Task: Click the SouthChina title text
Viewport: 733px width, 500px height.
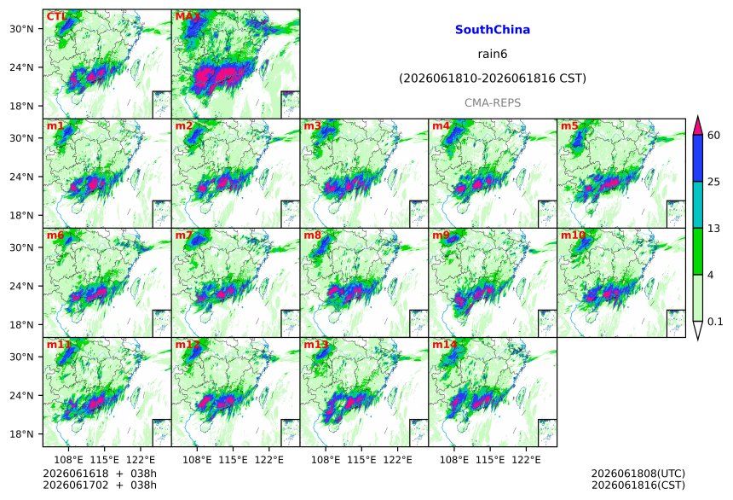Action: (x=493, y=30)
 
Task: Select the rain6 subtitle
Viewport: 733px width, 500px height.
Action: (x=493, y=54)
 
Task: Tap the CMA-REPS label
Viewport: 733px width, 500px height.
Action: (x=493, y=102)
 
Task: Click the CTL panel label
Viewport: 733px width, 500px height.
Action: (x=56, y=17)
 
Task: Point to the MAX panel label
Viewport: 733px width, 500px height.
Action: (x=188, y=17)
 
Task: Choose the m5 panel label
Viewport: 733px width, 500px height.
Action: (x=569, y=126)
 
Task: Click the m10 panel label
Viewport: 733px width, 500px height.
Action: (x=573, y=235)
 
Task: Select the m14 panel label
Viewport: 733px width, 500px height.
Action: (x=444, y=345)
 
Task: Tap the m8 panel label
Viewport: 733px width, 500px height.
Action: (x=312, y=235)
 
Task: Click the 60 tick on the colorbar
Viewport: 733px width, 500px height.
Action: (x=714, y=136)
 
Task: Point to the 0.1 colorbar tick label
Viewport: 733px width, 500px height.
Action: (x=715, y=322)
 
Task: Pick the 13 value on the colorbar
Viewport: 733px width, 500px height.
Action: (x=714, y=229)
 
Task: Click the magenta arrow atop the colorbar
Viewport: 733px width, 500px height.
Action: (x=698, y=126)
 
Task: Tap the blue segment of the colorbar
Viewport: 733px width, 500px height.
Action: (x=698, y=158)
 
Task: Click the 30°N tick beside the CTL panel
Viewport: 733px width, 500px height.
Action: (x=21, y=29)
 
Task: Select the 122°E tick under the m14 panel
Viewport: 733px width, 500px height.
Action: (x=526, y=460)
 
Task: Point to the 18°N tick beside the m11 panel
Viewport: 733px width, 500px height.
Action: (x=21, y=434)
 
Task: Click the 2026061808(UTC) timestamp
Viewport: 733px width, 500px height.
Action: (x=638, y=474)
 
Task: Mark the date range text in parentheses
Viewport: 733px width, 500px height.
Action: (x=493, y=78)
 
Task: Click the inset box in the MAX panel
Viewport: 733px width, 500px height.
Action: (x=291, y=104)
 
